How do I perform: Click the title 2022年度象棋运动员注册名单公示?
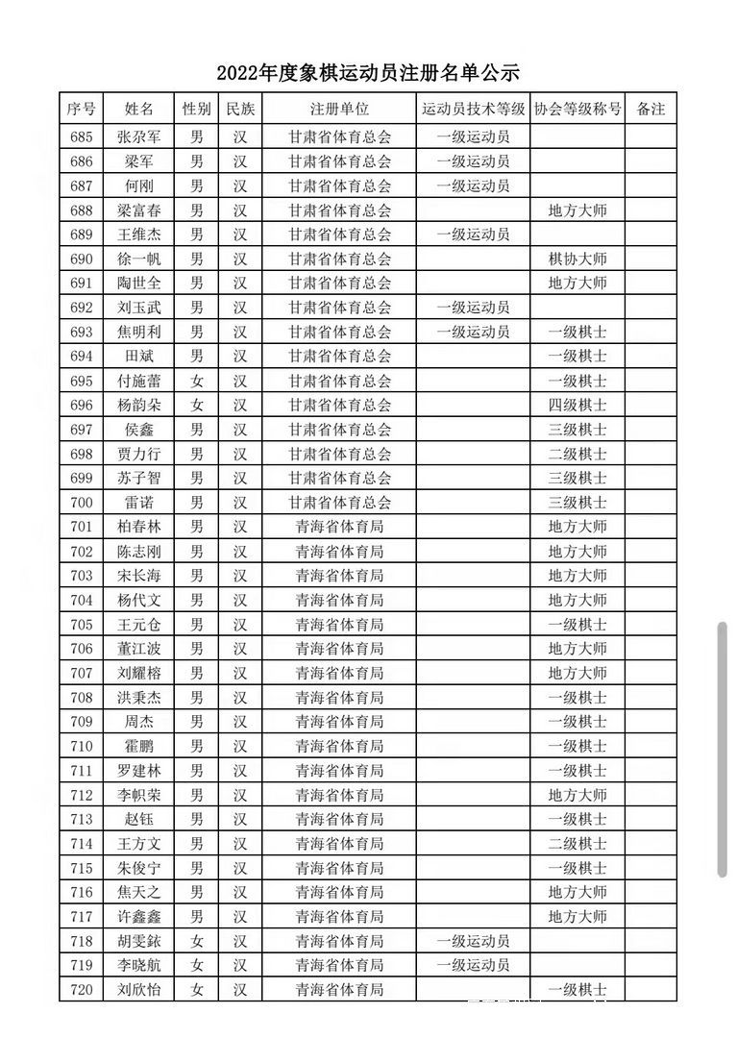click(368, 73)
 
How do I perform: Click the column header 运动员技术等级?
click(473, 109)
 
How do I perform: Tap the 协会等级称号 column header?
click(577, 109)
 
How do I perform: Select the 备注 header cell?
click(651, 109)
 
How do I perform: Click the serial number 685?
click(82, 136)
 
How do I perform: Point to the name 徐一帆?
click(138, 259)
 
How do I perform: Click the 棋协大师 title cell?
click(577, 259)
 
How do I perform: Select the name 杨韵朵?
click(138, 405)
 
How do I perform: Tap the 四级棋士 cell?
click(577, 405)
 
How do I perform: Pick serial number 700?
click(82, 502)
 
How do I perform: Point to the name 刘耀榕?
click(138, 673)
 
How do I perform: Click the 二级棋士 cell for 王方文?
click(577, 844)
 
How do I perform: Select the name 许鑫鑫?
click(138, 917)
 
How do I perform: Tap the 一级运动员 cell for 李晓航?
click(473, 965)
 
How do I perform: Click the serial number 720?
click(82, 989)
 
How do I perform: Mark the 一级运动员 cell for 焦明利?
click(473, 332)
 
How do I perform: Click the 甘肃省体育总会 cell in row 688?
click(339, 210)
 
